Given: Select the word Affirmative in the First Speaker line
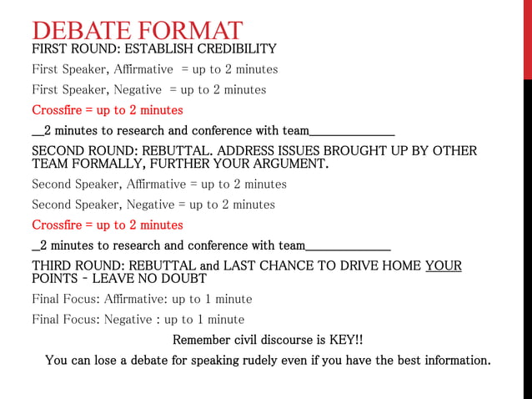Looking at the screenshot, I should click(143, 69).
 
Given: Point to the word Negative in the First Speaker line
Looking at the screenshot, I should click(138, 90).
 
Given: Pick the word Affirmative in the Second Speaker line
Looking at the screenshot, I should click(153, 184).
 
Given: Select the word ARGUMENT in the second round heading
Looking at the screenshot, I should click(289, 164).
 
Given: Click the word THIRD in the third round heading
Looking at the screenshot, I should click(53, 266).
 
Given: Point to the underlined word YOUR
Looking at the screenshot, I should click(443, 266).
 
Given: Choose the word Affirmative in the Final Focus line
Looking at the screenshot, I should click(130, 299).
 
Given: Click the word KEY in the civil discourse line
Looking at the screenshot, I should click(343, 341).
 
